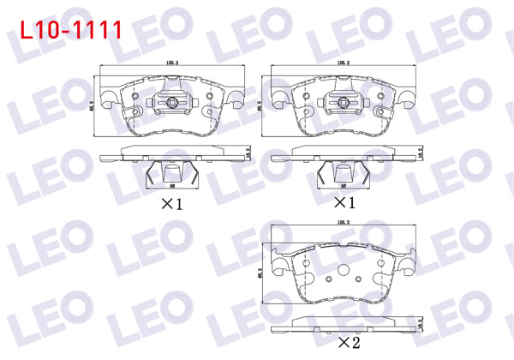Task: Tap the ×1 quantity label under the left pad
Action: pos(171,204)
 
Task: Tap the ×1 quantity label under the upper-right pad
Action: pos(343,204)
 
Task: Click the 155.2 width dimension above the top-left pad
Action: pos(171,63)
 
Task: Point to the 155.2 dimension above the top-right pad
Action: pos(343,63)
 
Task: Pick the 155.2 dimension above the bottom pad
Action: pos(343,224)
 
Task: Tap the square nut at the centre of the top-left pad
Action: pos(172,105)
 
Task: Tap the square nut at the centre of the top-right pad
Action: pos(344,105)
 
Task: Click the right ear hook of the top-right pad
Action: pos(403,100)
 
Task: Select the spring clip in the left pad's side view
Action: pos(171,174)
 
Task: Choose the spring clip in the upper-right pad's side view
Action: pos(342,174)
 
